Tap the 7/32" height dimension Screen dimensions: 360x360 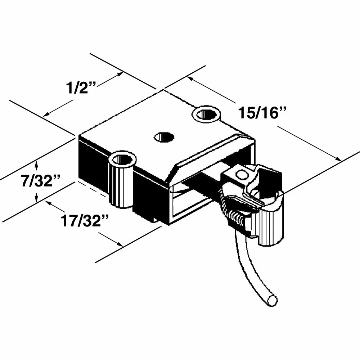[40, 181]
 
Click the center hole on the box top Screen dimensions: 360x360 [164, 137]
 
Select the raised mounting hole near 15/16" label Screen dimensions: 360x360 [206, 114]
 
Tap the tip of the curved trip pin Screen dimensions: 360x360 [272, 301]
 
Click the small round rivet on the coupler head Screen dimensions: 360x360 [242, 175]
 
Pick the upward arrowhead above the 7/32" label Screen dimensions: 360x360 [36, 164]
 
